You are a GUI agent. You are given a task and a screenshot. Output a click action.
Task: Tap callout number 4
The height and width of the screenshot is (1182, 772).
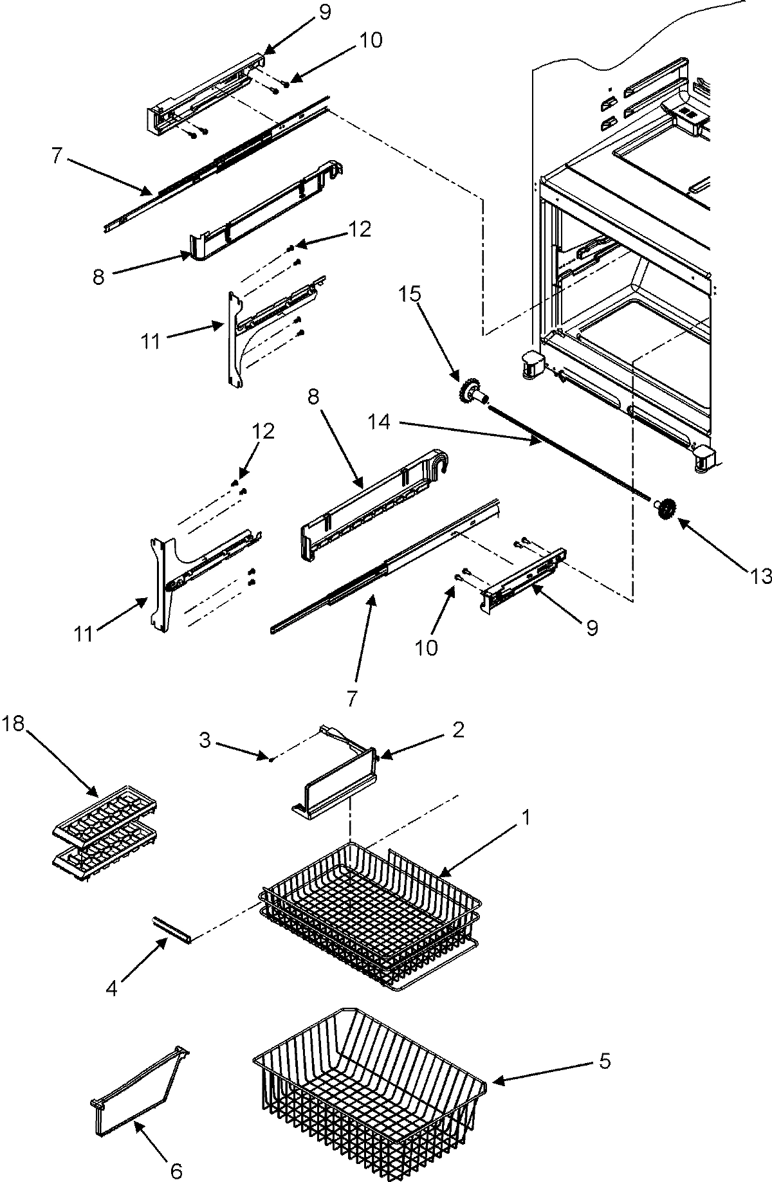point(112,989)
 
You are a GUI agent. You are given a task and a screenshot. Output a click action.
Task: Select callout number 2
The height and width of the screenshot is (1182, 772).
point(457,729)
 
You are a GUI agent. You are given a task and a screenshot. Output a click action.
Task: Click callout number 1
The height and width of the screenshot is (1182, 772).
point(526,818)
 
